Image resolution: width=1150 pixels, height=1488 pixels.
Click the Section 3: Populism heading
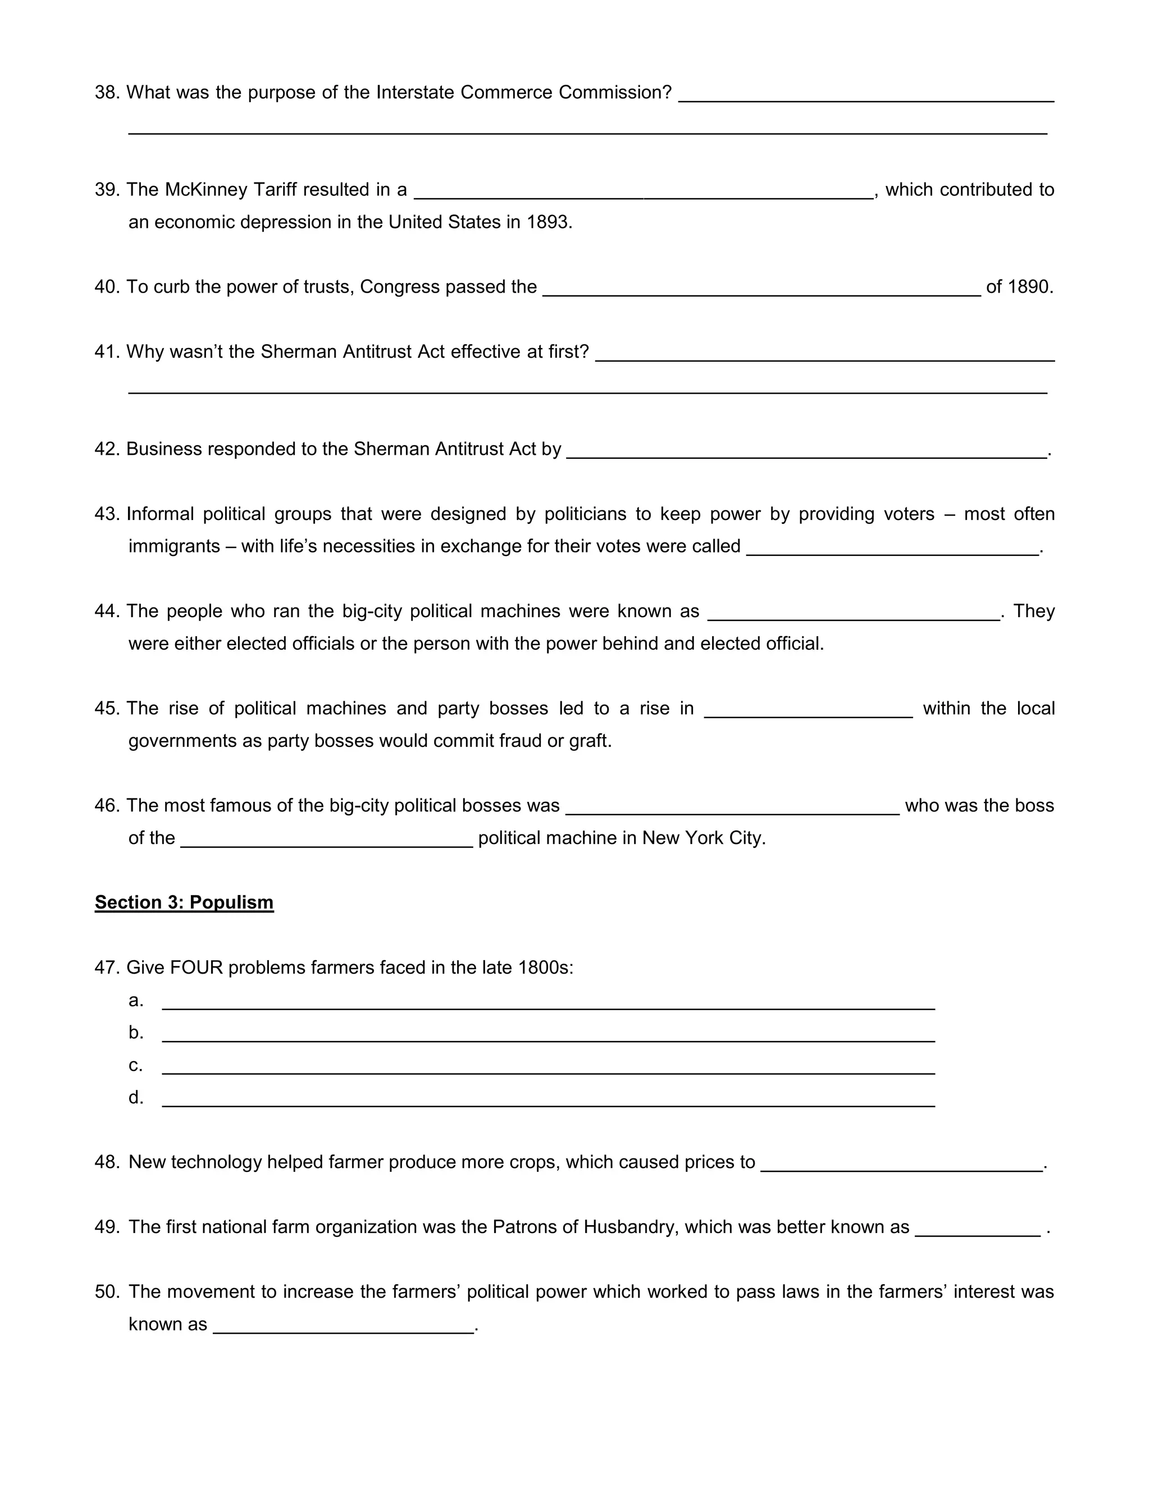click(x=184, y=902)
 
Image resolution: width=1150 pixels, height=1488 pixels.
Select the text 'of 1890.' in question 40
click(x=1019, y=287)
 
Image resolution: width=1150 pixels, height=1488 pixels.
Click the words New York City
click(x=703, y=838)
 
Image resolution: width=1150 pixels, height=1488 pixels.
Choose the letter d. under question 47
click(x=135, y=1097)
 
